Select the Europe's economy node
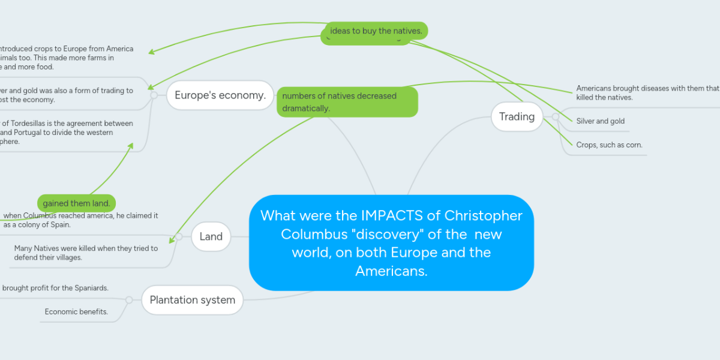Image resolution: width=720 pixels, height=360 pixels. (x=220, y=95)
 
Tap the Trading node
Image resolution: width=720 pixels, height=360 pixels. (x=517, y=116)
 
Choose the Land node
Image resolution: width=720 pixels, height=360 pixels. (x=211, y=236)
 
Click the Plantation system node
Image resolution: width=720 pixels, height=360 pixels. (x=192, y=299)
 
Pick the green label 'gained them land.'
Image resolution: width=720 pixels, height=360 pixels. (x=76, y=203)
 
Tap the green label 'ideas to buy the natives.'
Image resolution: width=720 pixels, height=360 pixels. (x=376, y=31)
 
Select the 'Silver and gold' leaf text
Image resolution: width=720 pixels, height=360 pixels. (x=600, y=121)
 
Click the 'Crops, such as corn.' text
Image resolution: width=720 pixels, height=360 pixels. (x=609, y=145)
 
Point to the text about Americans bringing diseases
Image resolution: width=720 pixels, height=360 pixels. (x=647, y=92)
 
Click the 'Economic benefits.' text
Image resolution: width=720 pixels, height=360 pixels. (x=76, y=311)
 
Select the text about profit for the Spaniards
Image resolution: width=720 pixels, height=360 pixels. (x=55, y=288)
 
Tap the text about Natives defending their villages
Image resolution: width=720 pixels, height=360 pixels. (x=86, y=253)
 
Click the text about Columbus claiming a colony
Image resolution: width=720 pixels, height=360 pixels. (x=80, y=220)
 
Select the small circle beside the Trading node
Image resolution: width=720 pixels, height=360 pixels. (x=556, y=116)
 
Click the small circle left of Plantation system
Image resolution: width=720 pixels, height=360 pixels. (x=129, y=299)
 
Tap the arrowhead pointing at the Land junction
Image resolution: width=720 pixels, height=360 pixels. (x=172, y=241)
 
